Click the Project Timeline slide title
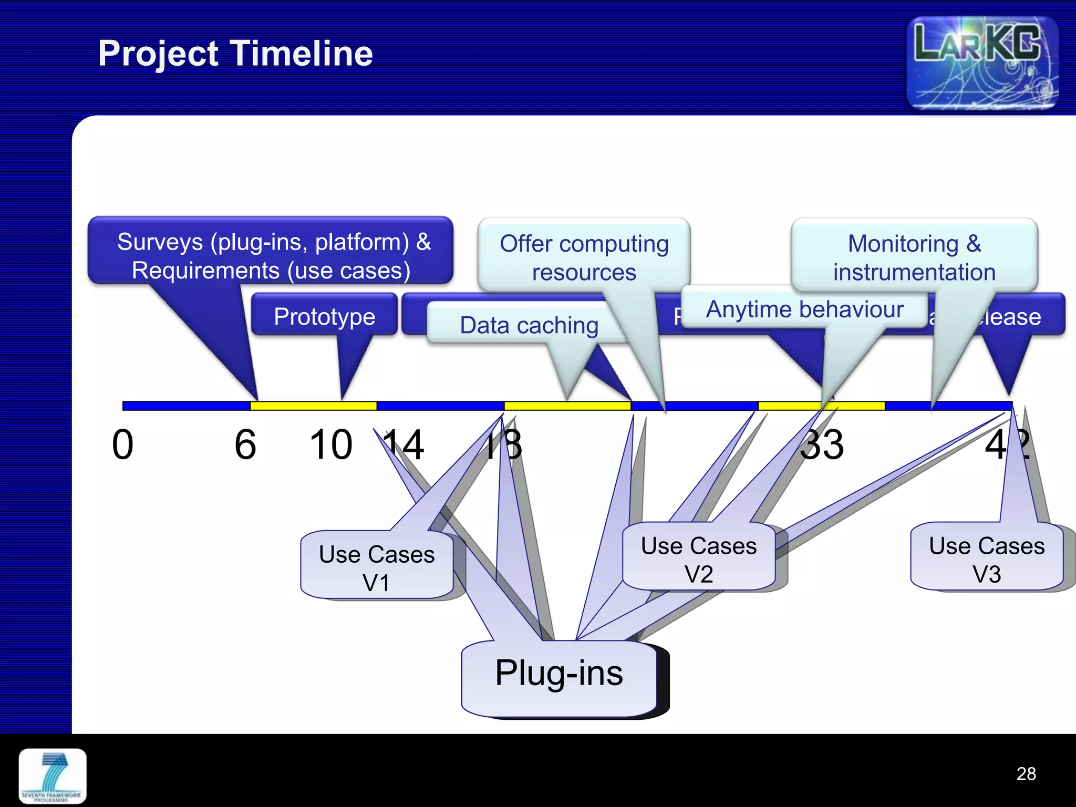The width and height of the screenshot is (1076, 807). pyautogui.click(x=235, y=54)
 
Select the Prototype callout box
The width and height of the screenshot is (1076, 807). pyautogui.click(x=324, y=316)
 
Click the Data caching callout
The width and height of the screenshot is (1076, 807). pyautogui.click(x=529, y=325)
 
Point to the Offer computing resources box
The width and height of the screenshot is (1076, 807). pyautogui.click(x=584, y=257)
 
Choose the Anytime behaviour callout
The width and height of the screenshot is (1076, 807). pyautogui.click(x=804, y=309)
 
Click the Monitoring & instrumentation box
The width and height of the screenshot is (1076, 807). pyautogui.click(x=914, y=257)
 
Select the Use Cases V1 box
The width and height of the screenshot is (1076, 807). pyautogui.click(x=377, y=567)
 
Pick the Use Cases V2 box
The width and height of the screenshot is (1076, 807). pyautogui.click(x=699, y=559)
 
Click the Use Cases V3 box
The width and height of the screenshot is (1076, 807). pyautogui.click(x=986, y=559)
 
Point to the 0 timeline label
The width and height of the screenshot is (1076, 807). pyautogui.click(x=122, y=444)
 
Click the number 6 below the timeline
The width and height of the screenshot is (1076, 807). pyautogui.click(x=245, y=444)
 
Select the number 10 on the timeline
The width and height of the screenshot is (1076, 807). pyautogui.click(x=331, y=444)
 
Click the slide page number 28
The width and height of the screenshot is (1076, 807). pyautogui.click(x=1026, y=773)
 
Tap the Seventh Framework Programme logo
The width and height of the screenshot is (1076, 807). pyautogui.click(x=53, y=776)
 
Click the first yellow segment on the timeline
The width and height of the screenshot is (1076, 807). pyautogui.click(x=313, y=406)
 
